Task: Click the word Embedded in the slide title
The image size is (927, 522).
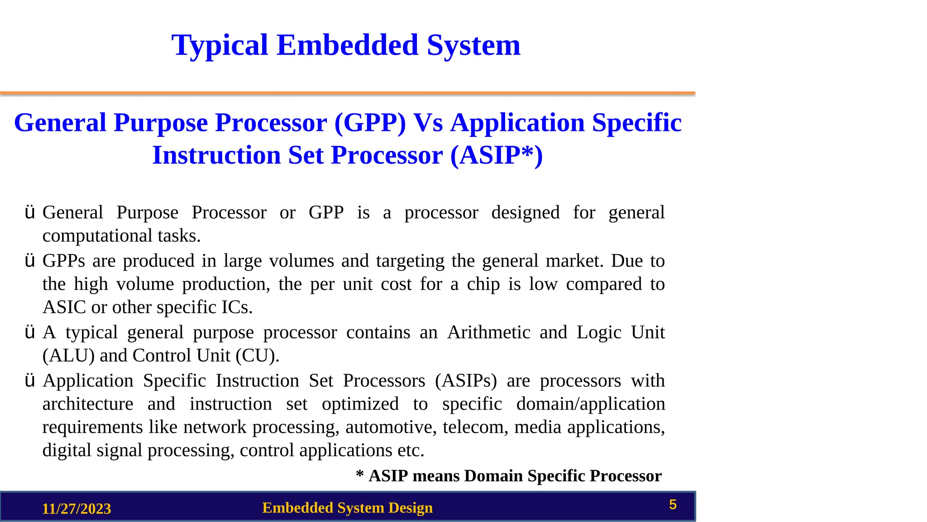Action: pos(347,45)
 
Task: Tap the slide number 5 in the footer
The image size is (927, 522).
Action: pos(673,504)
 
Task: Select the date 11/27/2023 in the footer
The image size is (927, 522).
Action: pos(76,509)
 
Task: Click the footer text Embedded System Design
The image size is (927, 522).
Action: pos(347,508)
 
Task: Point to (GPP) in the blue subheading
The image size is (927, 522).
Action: pos(370,123)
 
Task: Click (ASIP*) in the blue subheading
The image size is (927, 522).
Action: pos(497,155)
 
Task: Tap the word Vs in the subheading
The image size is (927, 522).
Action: pos(428,123)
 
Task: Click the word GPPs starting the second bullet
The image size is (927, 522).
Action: pos(63,261)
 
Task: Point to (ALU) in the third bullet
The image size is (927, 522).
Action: pos(68,356)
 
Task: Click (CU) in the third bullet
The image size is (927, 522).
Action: pos(257,356)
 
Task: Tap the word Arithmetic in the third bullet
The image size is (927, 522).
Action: pos(489,333)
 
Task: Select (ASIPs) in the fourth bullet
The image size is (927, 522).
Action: pos(466,381)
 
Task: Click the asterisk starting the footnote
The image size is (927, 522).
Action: pos(360,474)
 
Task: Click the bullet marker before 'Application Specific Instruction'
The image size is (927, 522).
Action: pos(30,381)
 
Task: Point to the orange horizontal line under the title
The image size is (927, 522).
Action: pos(347,93)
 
